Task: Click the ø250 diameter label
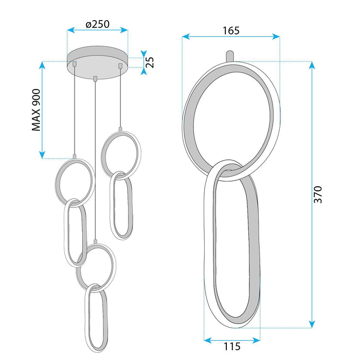(98, 24)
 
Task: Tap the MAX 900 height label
(36, 110)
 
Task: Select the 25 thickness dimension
(150, 62)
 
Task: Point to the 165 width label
(231, 30)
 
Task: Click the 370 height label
(318, 195)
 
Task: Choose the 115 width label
(232, 346)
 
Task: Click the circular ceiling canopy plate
(98, 62)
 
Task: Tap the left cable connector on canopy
(75, 64)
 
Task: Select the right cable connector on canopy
(120, 66)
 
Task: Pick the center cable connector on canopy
(96, 79)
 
